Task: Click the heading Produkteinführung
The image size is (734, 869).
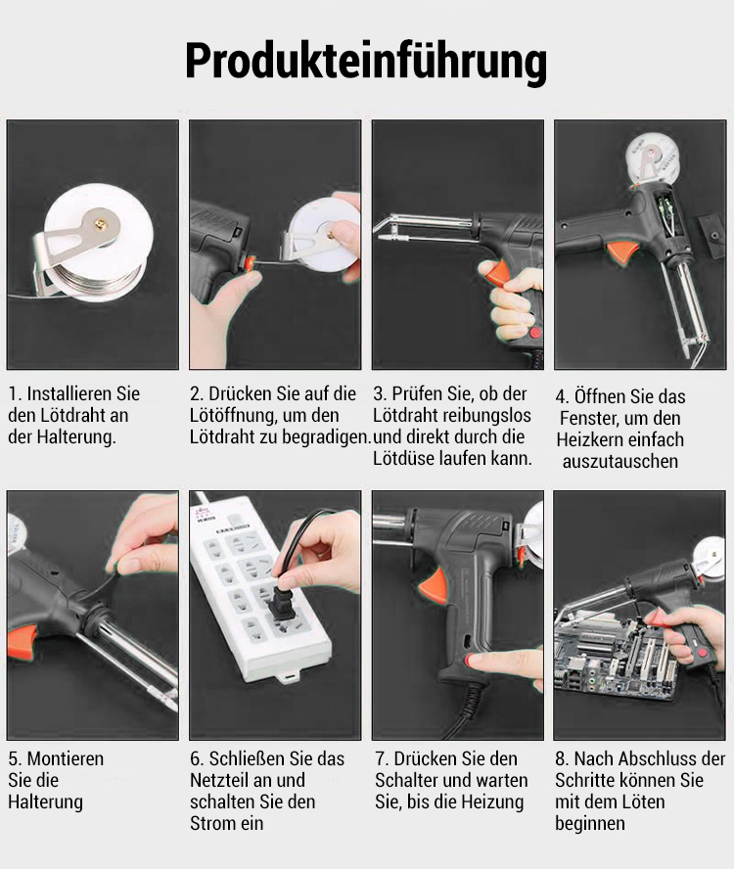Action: (x=366, y=62)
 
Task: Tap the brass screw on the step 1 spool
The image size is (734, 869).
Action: (x=101, y=223)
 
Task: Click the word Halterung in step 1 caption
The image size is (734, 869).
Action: (x=76, y=437)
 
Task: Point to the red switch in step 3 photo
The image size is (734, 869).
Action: (x=534, y=333)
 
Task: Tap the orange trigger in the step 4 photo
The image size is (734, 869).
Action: (x=623, y=253)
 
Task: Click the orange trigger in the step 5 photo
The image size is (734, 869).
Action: (x=22, y=642)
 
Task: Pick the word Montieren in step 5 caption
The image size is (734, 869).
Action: (x=66, y=758)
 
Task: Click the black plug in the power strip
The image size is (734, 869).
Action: (x=281, y=600)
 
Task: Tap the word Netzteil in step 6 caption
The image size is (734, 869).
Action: (x=220, y=780)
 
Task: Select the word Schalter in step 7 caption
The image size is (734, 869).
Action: (x=410, y=780)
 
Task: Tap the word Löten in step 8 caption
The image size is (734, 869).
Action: (x=643, y=801)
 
